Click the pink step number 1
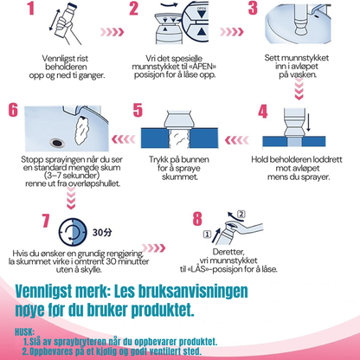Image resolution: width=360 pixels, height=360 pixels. pos(31,9)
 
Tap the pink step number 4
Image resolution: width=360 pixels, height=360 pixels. pos(263,112)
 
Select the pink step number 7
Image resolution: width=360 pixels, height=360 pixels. pos(46,221)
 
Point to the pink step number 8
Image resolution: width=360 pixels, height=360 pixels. pos(197,219)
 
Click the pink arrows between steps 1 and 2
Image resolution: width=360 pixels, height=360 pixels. pos(112,32)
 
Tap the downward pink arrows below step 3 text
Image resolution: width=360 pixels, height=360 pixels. pos(299,89)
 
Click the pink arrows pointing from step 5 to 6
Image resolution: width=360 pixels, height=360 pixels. pos(124,139)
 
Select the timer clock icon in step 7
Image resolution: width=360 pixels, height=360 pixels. pos(73,232)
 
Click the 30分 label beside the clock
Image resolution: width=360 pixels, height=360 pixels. pos(102,233)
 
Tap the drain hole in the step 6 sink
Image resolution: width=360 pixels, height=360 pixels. pos(57,142)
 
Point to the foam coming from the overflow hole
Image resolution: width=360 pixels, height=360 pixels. pos(83,130)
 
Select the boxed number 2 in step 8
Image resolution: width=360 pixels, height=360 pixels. pos(241,214)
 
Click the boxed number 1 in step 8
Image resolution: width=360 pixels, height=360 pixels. pos(207,234)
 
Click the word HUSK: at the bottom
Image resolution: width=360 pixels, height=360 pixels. pos(25,332)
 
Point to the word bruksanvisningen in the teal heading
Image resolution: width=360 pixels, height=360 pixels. pos(193,292)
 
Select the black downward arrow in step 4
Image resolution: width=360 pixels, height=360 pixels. pos(308,122)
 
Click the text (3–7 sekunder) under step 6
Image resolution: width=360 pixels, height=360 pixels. pos(72,175)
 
